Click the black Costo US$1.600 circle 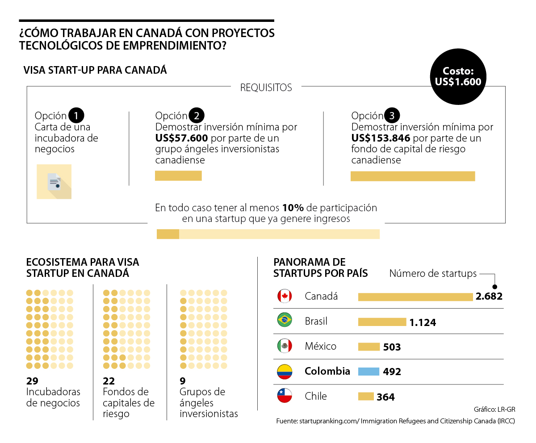point(458,77)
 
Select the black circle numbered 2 point(196,116)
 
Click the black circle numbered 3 point(392,116)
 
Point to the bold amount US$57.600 point(181,138)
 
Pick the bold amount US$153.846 point(381,138)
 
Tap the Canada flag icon point(285,296)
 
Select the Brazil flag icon point(285,321)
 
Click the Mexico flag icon point(285,346)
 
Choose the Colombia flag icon point(285,371)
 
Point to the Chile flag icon point(285,396)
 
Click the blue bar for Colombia point(368,371)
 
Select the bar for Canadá point(415,297)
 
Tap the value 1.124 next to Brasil point(423,322)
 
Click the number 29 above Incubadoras point(32,381)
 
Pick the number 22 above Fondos point(109,381)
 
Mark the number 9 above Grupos point(182,381)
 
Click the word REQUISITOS point(266,88)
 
